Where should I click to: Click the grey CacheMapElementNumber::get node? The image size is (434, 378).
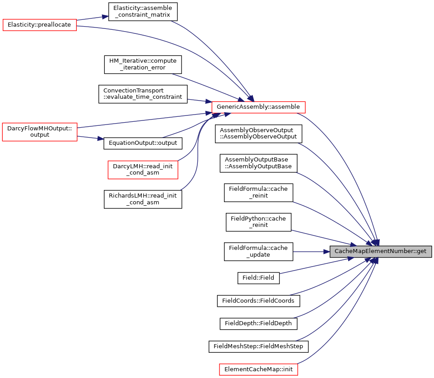380,251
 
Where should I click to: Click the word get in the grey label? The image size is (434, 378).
421,251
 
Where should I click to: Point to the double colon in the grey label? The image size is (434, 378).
413,251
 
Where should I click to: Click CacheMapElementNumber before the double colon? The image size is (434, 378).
373,251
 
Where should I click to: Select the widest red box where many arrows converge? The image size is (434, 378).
258,107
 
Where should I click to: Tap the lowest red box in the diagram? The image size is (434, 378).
258,369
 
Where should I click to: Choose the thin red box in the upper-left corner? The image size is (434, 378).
40,25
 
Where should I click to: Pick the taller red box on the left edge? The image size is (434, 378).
40,132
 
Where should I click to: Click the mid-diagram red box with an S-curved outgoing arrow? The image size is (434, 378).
143,170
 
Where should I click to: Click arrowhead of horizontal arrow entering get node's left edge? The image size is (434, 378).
327,252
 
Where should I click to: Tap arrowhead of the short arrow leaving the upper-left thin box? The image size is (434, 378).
105,17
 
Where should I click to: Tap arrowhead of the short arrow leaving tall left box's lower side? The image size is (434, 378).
101,138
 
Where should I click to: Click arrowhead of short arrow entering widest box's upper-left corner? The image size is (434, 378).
208,101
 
